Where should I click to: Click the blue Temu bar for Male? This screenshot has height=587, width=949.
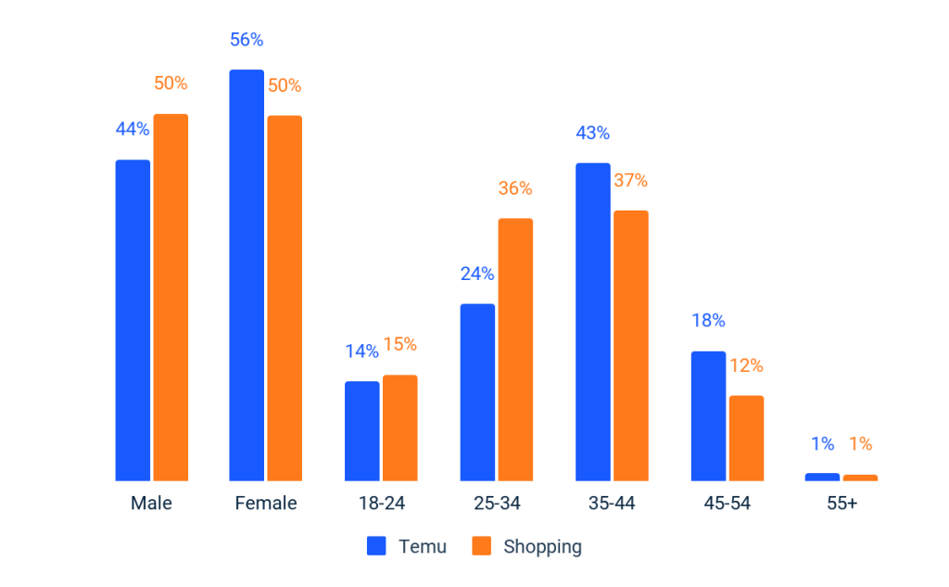(133, 320)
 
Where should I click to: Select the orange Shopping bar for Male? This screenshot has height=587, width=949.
(171, 297)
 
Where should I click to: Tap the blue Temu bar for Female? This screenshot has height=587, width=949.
(247, 274)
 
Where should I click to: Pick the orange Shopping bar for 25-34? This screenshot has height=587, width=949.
(515, 349)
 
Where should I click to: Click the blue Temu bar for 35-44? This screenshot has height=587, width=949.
(592, 321)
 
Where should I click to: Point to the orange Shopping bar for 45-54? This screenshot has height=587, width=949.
(746, 438)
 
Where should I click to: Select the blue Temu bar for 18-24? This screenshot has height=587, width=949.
(361, 430)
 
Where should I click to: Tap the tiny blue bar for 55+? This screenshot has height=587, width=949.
(822, 477)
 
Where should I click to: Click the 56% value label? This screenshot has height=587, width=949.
(247, 40)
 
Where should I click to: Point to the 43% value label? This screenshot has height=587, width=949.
(592, 133)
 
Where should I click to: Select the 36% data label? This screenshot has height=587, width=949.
(515, 188)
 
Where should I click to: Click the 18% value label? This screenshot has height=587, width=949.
(708, 321)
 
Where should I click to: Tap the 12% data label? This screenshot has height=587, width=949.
(746, 365)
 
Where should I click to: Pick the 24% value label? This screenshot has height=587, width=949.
(477, 274)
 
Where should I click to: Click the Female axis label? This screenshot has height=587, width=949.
(266, 504)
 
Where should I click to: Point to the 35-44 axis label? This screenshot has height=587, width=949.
(612, 504)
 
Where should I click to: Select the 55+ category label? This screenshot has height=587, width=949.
(841, 504)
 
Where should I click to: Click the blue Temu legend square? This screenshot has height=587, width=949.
(376, 546)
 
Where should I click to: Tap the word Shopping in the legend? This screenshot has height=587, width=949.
(542, 546)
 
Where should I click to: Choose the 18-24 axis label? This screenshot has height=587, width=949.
(381, 504)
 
